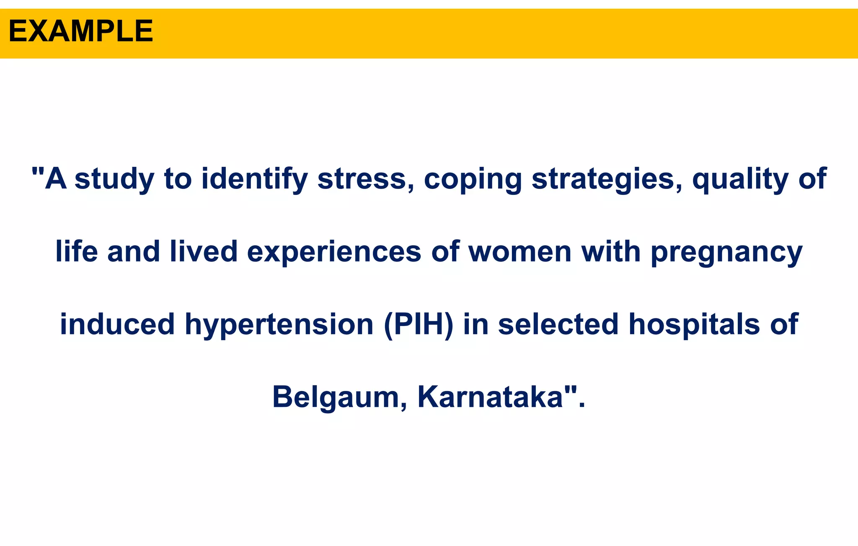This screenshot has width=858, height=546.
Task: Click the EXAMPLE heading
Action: click(x=81, y=32)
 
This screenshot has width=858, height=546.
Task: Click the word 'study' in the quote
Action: click(x=114, y=179)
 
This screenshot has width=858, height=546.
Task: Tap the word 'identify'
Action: click(x=254, y=179)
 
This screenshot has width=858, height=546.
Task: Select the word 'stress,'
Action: click(x=366, y=179)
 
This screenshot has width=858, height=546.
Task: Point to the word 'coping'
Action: click(x=473, y=179)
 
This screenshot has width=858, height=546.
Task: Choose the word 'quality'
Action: click(x=740, y=179)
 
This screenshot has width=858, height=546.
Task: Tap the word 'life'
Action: click(x=77, y=252)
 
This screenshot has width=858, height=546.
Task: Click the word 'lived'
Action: click(x=204, y=252)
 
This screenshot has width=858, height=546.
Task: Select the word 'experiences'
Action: click(x=334, y=252)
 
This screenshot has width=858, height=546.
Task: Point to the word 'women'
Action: click(x=519, y=252)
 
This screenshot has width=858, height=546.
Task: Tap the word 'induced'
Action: click(x=117, y=324)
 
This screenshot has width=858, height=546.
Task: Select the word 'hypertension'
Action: click(x=279, y=325)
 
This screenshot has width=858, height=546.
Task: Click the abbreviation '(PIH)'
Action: click(x=419, y=324)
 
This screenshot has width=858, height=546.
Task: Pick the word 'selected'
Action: click(x=558, y=324)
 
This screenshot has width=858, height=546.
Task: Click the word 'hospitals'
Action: click(x=694, y=324)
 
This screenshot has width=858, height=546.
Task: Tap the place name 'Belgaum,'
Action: click(x=340, y=397)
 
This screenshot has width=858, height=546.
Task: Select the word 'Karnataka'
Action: click(x=491, y=397)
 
